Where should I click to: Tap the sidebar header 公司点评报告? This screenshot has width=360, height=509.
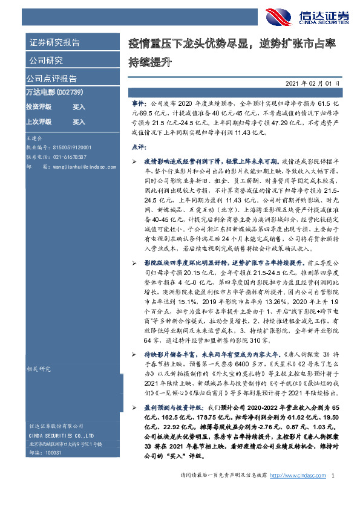coord(51,78)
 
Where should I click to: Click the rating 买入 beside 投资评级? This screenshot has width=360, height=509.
coord(79,106)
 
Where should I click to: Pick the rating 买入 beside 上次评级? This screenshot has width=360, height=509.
coord(79,122)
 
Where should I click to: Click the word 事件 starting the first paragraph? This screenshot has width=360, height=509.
coord(137,105)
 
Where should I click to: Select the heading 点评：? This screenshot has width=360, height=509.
coord(139,147)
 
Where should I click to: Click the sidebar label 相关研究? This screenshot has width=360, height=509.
coord(38,368)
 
